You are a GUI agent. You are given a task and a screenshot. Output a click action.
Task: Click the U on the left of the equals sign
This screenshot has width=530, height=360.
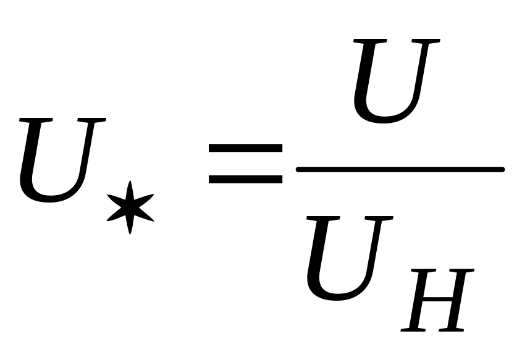coord(59,161)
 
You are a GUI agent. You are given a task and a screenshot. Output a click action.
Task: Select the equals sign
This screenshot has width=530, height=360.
coord(245,164)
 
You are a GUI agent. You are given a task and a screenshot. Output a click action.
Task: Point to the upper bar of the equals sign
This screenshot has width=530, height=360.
coord(245,148)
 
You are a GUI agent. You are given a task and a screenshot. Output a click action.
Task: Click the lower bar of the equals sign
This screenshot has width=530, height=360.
coord(245,179)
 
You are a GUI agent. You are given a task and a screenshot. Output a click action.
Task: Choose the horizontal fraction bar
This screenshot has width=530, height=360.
coord(400,169)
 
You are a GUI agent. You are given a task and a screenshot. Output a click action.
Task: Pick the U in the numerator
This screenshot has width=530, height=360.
coord(393,80)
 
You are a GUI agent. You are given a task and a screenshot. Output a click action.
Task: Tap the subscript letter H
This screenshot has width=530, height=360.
coord(439,301)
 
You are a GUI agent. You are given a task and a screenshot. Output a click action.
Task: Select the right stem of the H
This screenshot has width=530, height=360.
coord(458,301)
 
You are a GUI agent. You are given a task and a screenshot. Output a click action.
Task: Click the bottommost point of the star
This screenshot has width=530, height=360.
coord(130,233)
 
